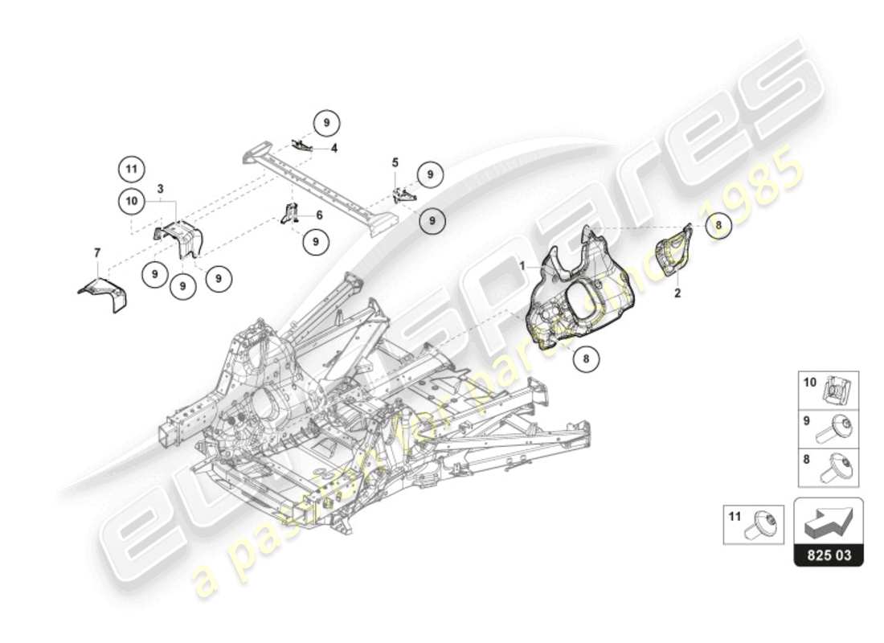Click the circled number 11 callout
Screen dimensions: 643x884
pyautogui.click(x=132, y=169)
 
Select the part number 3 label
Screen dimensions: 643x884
pyautogui.click(x=161, y=189)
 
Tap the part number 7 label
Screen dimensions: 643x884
pyautogui.click(x=97, y=253)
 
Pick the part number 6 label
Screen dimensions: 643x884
pyautogui.click(x=319, y=215)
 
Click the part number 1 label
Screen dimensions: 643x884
pyautogui.click(x=522, y=264)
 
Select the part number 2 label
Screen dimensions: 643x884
pyautogui.click(x=677, y=293)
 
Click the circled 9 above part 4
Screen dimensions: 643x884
pyautogui.click(x=326, y=124)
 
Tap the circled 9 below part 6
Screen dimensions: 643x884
pyautogui.click(x=316, y=240)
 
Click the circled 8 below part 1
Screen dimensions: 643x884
pyautogui.click(x=586, y=359)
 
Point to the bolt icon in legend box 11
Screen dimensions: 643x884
pyautogui.click(x=762, y=524)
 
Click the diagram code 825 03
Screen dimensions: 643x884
pyautogui.click(x=829, y=555)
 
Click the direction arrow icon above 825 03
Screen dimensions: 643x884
pyautogui.click(x=829, y=522)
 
